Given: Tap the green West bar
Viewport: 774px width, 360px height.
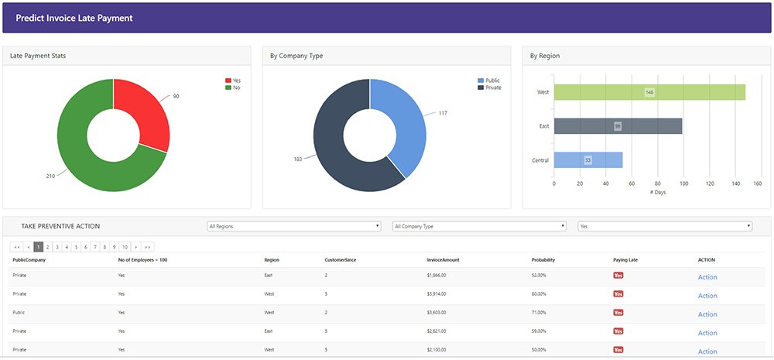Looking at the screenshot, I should click(649, 92).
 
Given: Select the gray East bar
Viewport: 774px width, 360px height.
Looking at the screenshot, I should click(618, 126).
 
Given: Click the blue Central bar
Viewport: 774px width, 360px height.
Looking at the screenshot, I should click(588, 160).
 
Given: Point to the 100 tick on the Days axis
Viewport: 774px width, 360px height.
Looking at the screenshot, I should click(682, 184).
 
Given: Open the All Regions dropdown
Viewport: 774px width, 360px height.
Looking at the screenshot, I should click(294, 226).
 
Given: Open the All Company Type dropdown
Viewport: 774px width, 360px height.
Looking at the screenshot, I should click(480, 226).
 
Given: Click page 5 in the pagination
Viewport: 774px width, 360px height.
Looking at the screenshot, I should click(76, 247).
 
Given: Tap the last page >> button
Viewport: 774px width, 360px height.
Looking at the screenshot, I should click(148, 247).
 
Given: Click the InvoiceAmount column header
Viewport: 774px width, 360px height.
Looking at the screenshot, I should click(443, 260).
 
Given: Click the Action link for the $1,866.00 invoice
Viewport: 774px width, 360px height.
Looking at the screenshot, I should click(707, 277).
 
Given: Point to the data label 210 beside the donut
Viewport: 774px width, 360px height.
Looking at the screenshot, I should click(50, 176).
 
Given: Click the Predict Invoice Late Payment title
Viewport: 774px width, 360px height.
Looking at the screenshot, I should click(74, 18).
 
